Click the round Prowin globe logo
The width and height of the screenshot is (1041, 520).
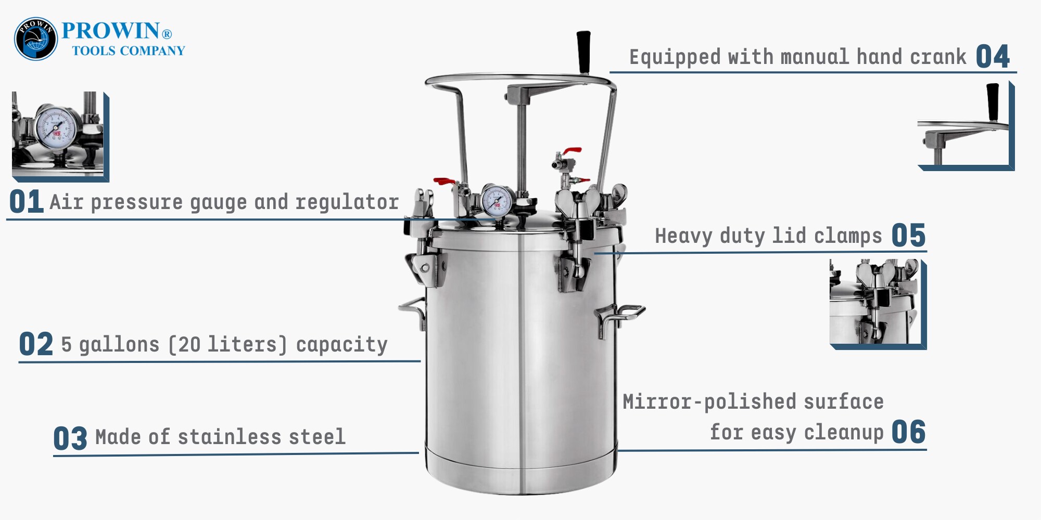pyautogui.click(x=35, y=39)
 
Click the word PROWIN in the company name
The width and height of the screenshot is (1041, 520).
pyautogui.click(x=110, y=31)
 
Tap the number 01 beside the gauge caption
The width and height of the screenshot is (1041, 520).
pyautogui.click(x=26, y=202)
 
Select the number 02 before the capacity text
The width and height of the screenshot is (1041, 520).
pyautogui.click(x=36, y=344)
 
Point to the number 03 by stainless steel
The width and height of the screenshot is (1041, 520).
pyautogui.click(x=70, y=438)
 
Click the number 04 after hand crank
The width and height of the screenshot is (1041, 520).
pyautogui.click(x=993, y=56)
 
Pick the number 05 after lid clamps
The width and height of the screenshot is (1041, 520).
pyautogui.click(x=908, y=235)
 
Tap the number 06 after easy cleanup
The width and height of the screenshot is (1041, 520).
pyautogui.click(x=908, y=432)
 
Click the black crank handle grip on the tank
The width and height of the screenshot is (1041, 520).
pyautogui.click(x=583, y=52)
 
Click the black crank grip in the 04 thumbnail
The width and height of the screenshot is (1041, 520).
pyautogui.click(x=993, y=102)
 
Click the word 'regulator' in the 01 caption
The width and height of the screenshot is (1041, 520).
pyautogui.click(x=347, y=202)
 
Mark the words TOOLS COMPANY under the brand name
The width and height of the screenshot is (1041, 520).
pyautogui.click(x=129, y=50)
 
